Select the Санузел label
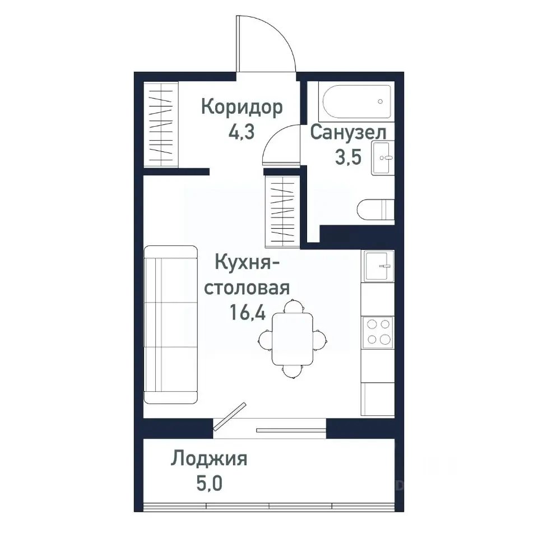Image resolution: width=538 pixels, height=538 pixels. pos(348,133)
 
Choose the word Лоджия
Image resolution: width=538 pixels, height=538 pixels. pos(210,459)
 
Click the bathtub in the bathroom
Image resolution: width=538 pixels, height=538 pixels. pos(356,101)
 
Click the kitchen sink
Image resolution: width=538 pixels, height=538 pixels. pos(378,266)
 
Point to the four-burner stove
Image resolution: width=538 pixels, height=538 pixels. pos(378,332)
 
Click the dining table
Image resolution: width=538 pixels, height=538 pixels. pos(293,338)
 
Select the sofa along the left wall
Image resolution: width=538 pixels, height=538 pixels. pos(171,324)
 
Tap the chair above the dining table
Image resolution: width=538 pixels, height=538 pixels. pos(292,307)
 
